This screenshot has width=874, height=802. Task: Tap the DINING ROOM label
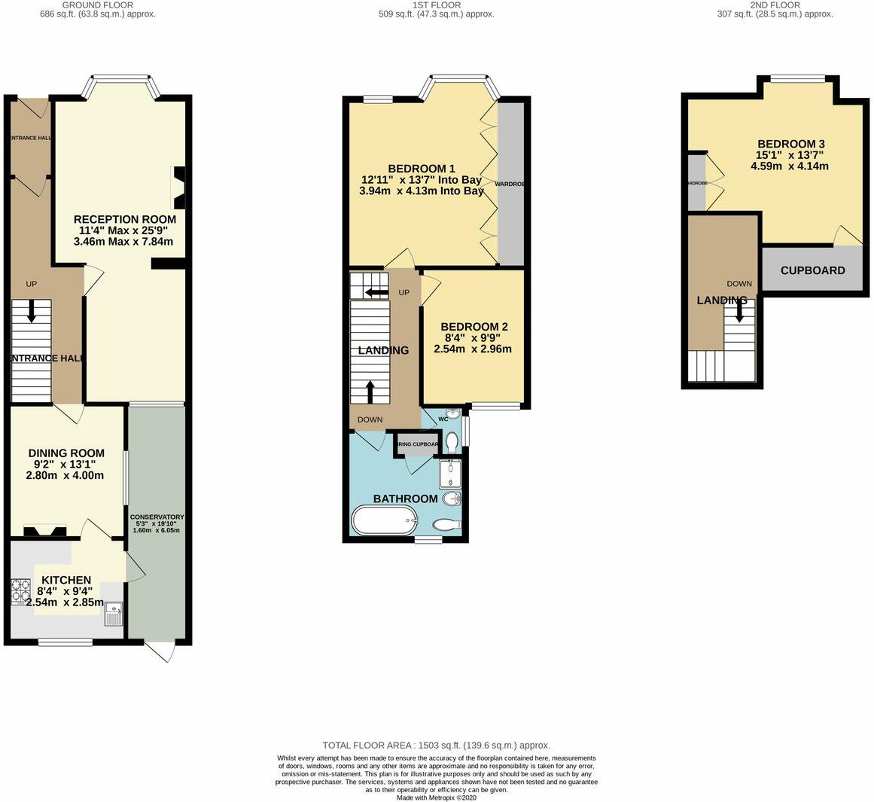click(x=66, y=453)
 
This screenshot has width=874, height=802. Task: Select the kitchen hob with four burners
click(x=20, y=592)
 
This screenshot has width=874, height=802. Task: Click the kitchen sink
click(x=114, y=614)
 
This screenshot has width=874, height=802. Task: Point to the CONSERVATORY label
click(x=157, y=517)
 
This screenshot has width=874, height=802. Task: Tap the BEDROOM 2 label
click(x=474, y=327)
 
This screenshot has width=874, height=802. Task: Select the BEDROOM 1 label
click(x=422, y=168)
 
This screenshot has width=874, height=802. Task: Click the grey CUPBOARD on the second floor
click(x=812, y=270)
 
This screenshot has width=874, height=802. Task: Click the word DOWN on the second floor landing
click(x=738, y=284)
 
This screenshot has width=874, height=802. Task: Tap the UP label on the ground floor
click(x=32, y=284)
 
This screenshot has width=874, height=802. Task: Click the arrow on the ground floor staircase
click(x=32, y=311)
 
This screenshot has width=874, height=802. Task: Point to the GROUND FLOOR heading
click(x=98, y=5)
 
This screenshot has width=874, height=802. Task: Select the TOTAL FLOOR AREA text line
click(x=437, y=745)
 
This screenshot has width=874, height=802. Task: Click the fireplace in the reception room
click(x=180, y=188)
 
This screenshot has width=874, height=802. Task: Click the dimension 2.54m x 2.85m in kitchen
click(x=65, y=602)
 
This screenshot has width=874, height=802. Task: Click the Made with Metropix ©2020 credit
click(x=437, y=797)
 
